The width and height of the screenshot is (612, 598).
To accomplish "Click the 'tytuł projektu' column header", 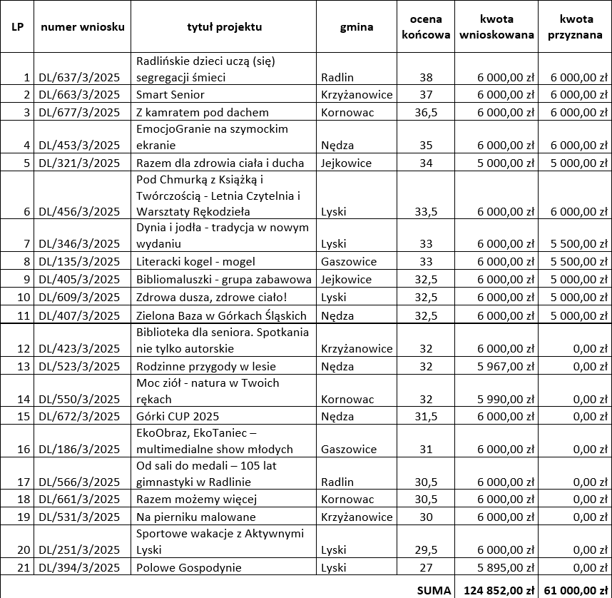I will click(x=224, y=27).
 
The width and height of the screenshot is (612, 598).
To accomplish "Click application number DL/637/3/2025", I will click(x=79, y=77).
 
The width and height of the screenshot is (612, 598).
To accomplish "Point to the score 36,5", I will click(x=426, y=111).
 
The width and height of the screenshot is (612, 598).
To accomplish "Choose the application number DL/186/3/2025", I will click(x=79, y=450).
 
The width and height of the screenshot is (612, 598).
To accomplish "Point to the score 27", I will click(x=426, y=567).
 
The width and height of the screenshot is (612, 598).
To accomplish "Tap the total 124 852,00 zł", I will click(x=500, y=589).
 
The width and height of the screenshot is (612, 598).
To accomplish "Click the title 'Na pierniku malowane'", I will click(x=195, y=517).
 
